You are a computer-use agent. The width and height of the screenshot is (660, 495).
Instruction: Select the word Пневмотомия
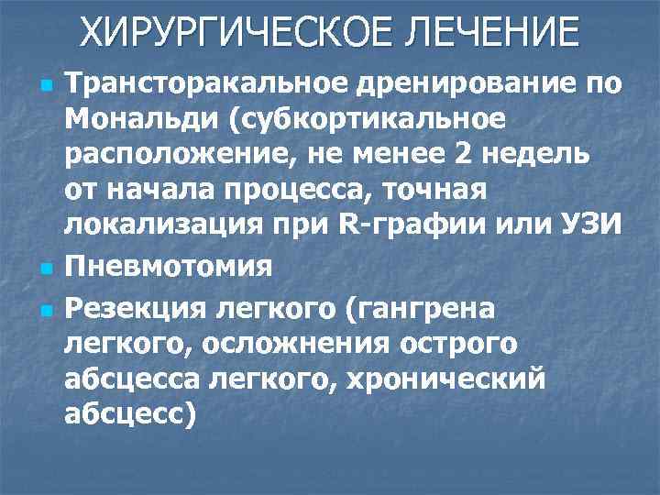pyautogui.click(x=169, y=266)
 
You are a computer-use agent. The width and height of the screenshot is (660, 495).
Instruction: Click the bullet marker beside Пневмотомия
pyautogui.click(x=43, y=267)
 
